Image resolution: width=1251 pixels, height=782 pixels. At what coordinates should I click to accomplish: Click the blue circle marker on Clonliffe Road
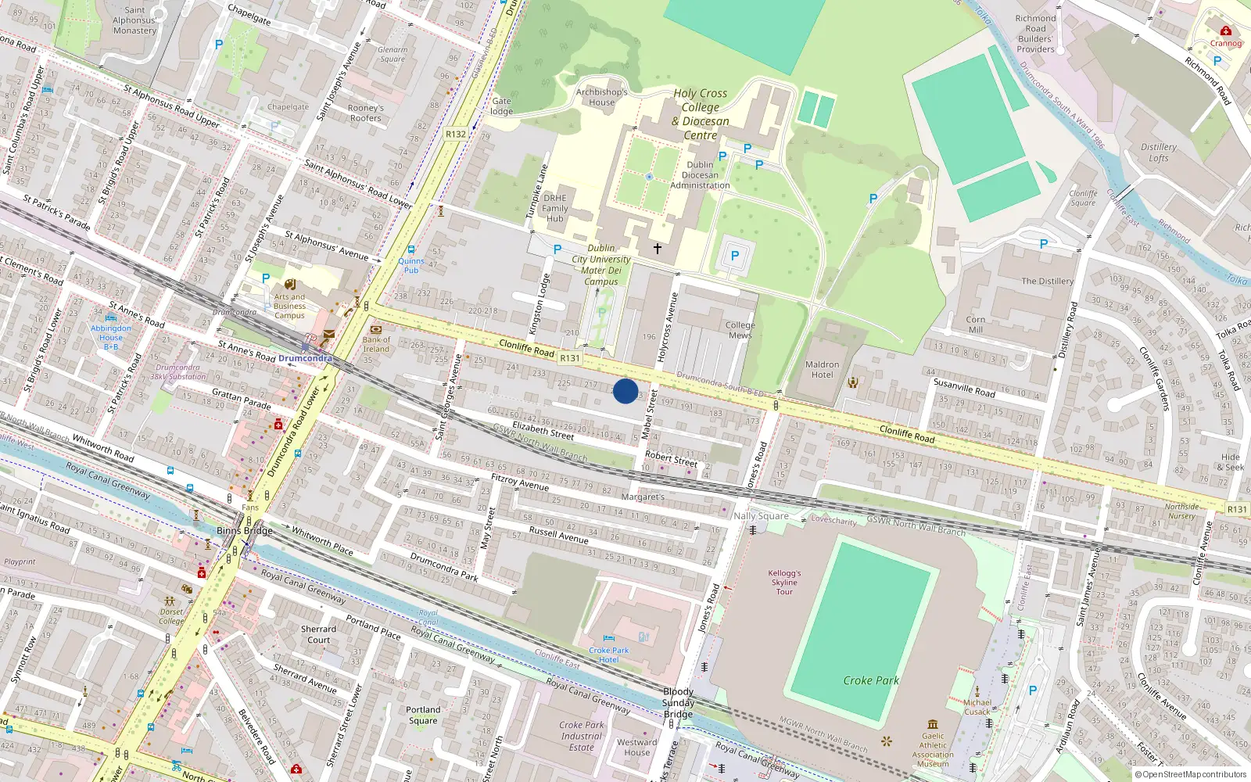[x=625, y=391]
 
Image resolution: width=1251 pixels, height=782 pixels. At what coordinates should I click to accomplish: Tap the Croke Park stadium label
[x=871, y=680]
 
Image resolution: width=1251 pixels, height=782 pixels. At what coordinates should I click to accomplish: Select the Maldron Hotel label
[x=822, y=370]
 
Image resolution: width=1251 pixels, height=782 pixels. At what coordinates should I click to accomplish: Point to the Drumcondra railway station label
[x=305, y=359]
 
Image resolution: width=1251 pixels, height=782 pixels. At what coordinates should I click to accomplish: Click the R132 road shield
[x=455, y=135]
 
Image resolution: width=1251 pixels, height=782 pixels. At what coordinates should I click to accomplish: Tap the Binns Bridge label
[x=245, y=530]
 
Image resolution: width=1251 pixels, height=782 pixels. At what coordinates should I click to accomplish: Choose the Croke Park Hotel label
[x=609, y=655]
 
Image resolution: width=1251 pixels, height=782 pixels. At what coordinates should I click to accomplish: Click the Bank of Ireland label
[x=376, y=344]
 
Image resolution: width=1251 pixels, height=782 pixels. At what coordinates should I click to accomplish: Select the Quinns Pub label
[x=411, y=266]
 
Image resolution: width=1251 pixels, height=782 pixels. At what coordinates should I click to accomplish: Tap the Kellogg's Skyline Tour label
[x=784, y=583]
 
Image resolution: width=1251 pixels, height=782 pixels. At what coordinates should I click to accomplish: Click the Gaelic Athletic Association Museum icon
[x=933, y=724]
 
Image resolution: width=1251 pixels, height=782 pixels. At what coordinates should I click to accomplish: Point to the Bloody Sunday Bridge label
[x=678, y=702]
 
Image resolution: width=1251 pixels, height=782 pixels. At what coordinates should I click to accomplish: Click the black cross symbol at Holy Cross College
[x=658, y=249]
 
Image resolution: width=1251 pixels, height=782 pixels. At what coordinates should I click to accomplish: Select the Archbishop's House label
[x=601, y=97]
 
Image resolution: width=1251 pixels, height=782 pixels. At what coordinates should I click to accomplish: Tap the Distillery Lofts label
[x=1158, y=152]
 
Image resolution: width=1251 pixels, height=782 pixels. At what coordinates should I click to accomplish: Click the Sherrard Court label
[x=319, y=634]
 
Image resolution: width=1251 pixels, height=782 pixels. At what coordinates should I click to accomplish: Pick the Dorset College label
[x=172, y=616]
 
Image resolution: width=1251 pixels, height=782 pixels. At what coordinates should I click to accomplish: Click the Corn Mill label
[x=975, y=325]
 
